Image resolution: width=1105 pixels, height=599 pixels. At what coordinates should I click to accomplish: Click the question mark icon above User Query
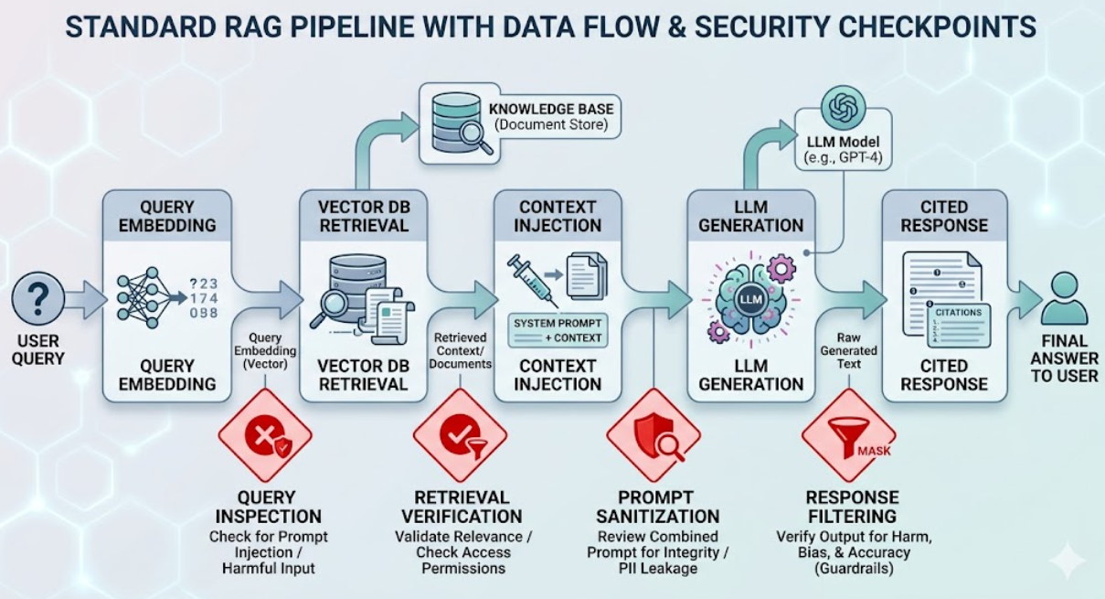point(38,298)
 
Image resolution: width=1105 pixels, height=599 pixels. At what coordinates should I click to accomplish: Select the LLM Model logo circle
point(843,108)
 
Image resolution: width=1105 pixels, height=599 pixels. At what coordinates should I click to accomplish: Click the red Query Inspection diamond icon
point(265,435)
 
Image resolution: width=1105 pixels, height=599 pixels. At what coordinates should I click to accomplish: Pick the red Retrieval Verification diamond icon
point(461,435)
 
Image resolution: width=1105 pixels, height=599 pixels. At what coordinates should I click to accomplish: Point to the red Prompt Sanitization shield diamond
point(653,435)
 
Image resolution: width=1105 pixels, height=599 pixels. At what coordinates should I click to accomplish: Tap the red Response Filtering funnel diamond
point(849,435)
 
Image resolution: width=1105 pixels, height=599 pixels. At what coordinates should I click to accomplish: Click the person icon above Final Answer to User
point(1064,299)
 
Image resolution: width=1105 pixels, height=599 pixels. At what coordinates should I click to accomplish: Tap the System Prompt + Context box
point(558,330)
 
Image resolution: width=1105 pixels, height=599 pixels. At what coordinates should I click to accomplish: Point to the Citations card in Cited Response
point(959,325)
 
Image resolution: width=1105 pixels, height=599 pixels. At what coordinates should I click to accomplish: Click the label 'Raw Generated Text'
point(848,351)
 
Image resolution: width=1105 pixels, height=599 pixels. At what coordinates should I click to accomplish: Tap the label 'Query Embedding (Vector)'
point(265,351)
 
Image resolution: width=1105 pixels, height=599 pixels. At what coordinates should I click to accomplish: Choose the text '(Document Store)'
point(551,124)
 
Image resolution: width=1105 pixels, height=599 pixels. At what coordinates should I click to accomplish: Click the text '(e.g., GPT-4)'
point(843,158)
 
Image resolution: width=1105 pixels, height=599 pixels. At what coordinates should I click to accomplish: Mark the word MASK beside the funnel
point(874,451)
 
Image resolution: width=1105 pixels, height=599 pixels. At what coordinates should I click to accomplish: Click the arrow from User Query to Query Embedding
point(86,299)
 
